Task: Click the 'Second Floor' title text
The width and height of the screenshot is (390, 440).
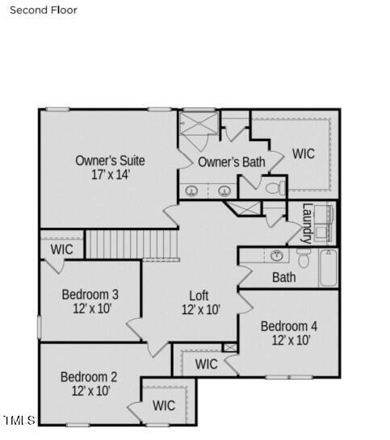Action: pos(44,10)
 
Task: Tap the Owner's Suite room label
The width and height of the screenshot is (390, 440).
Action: pos(110,160)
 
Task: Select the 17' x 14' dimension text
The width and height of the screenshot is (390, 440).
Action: pos(110,174)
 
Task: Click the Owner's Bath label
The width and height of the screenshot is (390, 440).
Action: pos(231,162)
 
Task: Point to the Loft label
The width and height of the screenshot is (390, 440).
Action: pos(199,295)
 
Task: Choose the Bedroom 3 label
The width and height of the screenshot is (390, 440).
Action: pos(90,294)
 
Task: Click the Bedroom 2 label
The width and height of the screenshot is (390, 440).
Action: pos(89,377)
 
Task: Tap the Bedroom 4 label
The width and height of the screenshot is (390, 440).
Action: pos(289,326)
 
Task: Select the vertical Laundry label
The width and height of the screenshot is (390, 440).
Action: pos(307,223)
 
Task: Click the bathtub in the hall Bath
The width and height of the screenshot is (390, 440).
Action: pos(328,267)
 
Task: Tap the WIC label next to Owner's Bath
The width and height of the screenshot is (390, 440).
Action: pos(304,153)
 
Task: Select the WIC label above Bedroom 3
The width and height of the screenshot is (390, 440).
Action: pos(61,249)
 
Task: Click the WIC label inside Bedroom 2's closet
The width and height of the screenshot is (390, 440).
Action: pos(164,405)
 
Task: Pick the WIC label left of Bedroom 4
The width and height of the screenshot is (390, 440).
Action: pos(206,364)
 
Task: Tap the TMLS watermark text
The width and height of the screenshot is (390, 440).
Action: pos(19,420)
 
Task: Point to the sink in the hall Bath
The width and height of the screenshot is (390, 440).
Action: pos(276,257)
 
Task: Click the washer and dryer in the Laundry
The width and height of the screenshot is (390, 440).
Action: pos(325,222)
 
